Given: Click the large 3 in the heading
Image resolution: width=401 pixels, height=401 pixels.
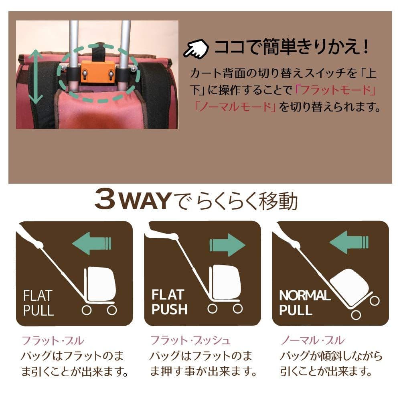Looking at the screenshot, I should (107, 200).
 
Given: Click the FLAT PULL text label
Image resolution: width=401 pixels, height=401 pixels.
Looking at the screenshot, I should (38, 303).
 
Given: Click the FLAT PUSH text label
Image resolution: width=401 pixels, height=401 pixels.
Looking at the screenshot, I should (169, 303).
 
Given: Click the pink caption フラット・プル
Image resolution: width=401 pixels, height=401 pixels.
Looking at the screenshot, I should (53, 341).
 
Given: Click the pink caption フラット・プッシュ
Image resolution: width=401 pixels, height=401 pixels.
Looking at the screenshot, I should (190, 341).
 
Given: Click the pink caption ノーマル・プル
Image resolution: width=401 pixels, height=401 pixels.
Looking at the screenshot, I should (312, 341).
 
